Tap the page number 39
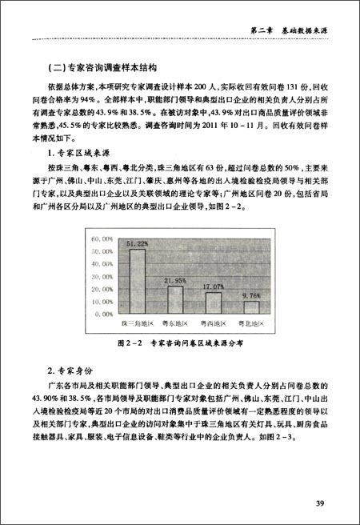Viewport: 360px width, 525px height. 318,502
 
